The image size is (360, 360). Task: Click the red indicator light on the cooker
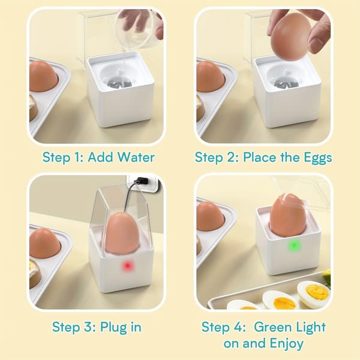tap(127, 266)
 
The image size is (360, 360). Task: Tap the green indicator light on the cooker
tap(293, 245)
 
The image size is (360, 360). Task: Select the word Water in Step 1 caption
tap(136, 157)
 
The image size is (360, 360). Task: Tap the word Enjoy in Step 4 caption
tap(287, 344)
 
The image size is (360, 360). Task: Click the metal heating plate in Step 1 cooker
tap(120, 83)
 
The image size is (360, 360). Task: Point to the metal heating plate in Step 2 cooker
tap(286, 83)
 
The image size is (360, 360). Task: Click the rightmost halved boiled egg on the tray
tap(314, 295)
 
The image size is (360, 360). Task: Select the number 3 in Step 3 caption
tap(88, 327)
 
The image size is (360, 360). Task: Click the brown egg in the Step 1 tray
tap(44, 77)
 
